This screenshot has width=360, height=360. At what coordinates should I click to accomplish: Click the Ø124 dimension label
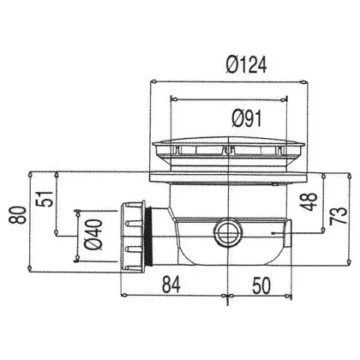point(246,65)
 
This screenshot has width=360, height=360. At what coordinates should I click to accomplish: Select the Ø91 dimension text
point(247,119)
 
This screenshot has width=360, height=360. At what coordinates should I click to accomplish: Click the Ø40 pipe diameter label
point(93,235)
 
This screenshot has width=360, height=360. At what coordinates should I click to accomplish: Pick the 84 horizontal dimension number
point(171,285)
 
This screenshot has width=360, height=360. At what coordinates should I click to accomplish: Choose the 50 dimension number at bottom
point(261,285)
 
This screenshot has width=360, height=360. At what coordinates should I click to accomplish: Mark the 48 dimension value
point(309,201)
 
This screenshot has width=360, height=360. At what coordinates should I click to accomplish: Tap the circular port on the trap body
point(228,231)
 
